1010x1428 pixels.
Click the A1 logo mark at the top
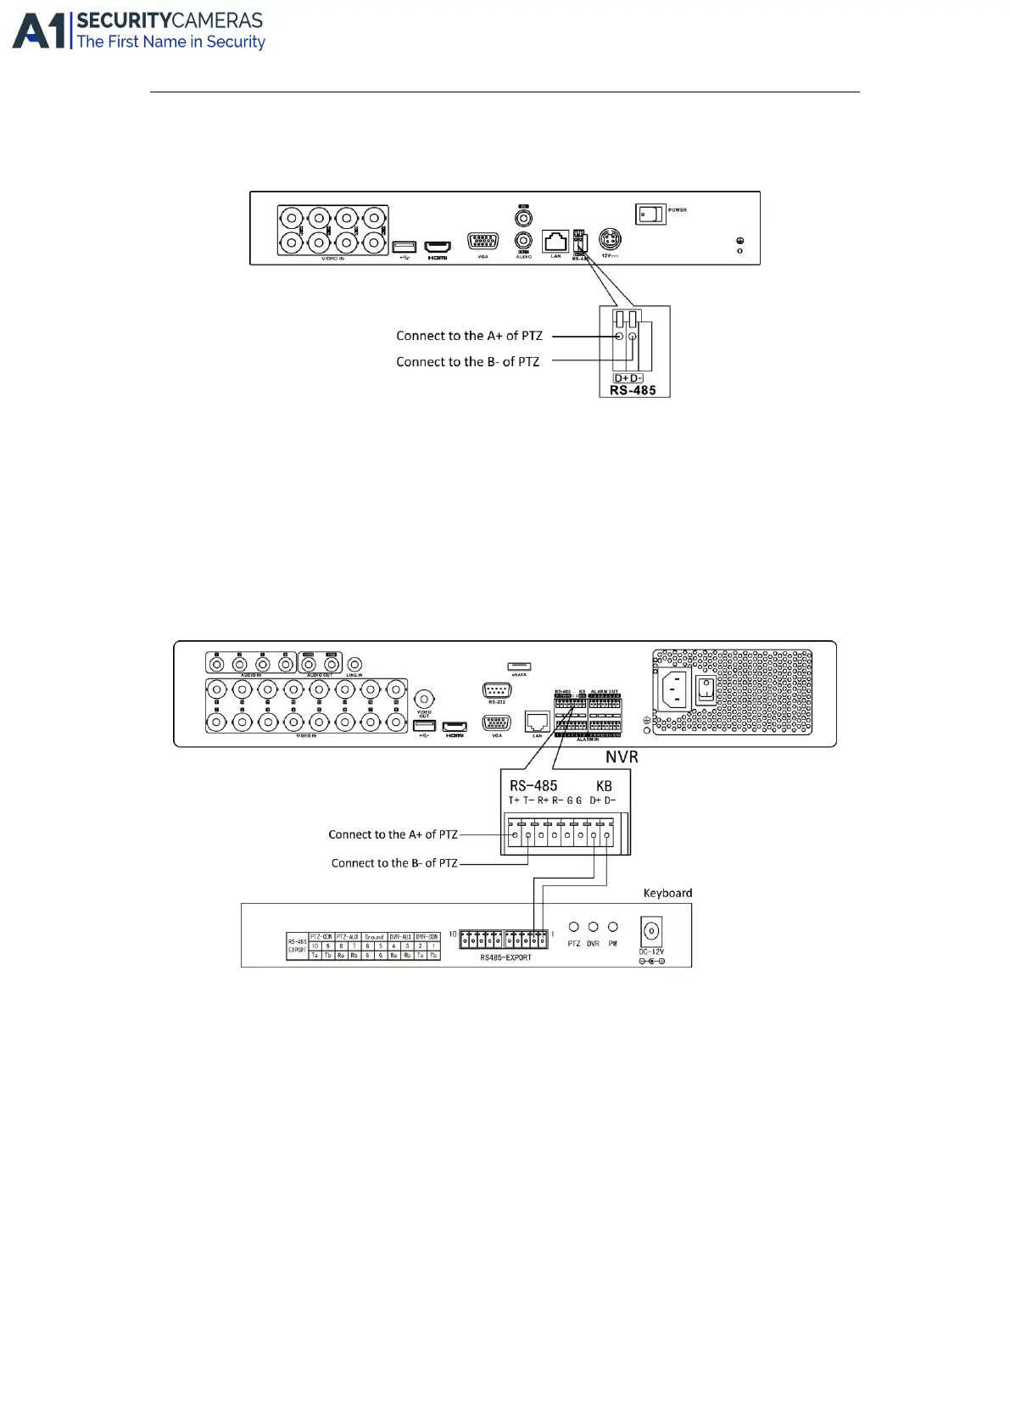39,31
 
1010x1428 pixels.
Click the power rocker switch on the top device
650,215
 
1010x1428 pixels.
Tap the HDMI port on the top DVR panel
438,246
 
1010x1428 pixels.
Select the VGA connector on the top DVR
483,242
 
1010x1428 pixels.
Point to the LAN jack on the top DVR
555,241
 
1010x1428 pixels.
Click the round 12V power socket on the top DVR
610,238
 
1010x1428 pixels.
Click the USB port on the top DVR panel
404,247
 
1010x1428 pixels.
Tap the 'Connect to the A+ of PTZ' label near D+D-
469,336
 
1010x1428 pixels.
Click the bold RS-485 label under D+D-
633,391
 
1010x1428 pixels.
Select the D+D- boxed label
628,378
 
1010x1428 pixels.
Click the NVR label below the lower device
622,757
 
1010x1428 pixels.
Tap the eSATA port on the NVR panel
519,667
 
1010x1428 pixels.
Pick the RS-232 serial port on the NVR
496,690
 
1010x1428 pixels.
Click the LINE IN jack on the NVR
355,664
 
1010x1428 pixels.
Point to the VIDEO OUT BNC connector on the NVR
424,699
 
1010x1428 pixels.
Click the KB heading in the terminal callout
604,786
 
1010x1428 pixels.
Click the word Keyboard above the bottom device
667,893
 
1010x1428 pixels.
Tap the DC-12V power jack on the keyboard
650,931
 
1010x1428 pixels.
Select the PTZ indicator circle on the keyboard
574,927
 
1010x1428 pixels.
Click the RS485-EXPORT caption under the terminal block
505,957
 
